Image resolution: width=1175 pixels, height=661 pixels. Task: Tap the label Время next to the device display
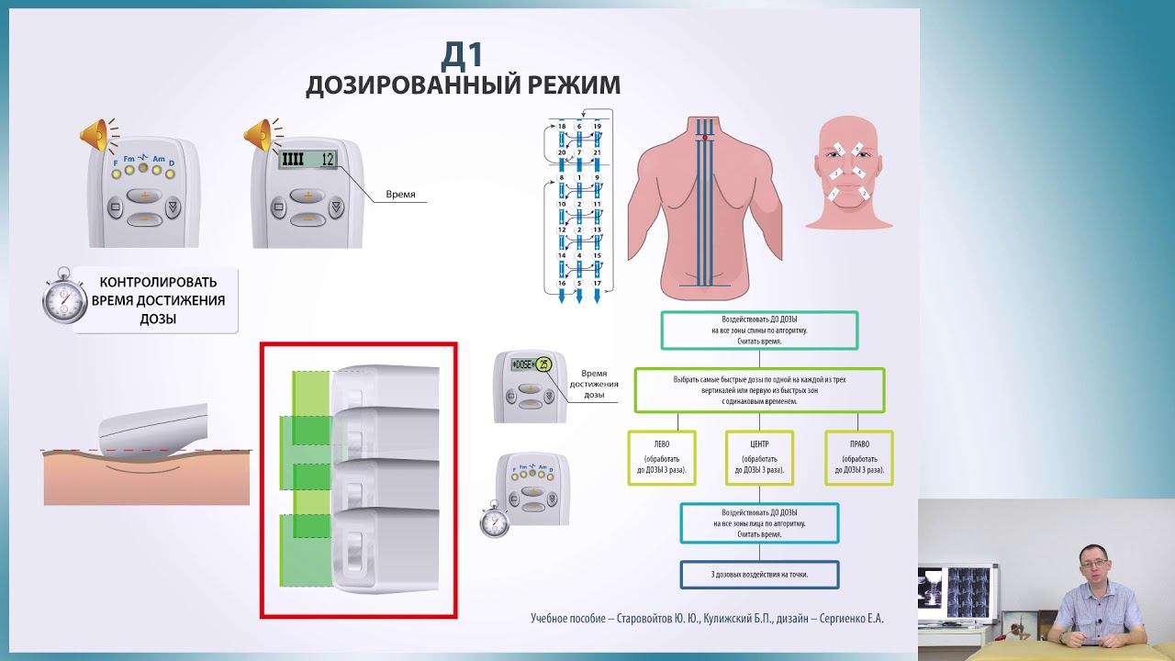click(x=400, y=195)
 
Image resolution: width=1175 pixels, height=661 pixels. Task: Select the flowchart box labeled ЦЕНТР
click(x=759, y=457)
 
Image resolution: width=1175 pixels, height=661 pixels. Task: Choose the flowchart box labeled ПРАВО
click(x=859, y=457)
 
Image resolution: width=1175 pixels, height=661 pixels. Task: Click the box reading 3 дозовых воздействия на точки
click(x=759, y=575)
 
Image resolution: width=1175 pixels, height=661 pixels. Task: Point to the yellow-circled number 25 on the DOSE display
click(x=543, y=364)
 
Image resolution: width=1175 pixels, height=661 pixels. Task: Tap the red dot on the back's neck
click(x=704, y=137)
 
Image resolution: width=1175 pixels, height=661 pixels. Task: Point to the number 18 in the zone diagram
click(x=562, y=126)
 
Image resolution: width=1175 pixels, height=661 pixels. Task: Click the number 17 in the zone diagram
click(x=597, y=283)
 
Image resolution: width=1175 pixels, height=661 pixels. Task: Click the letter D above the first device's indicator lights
click(x=172, y=162)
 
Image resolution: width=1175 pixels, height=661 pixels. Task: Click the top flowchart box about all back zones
click(x=759, y=330)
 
